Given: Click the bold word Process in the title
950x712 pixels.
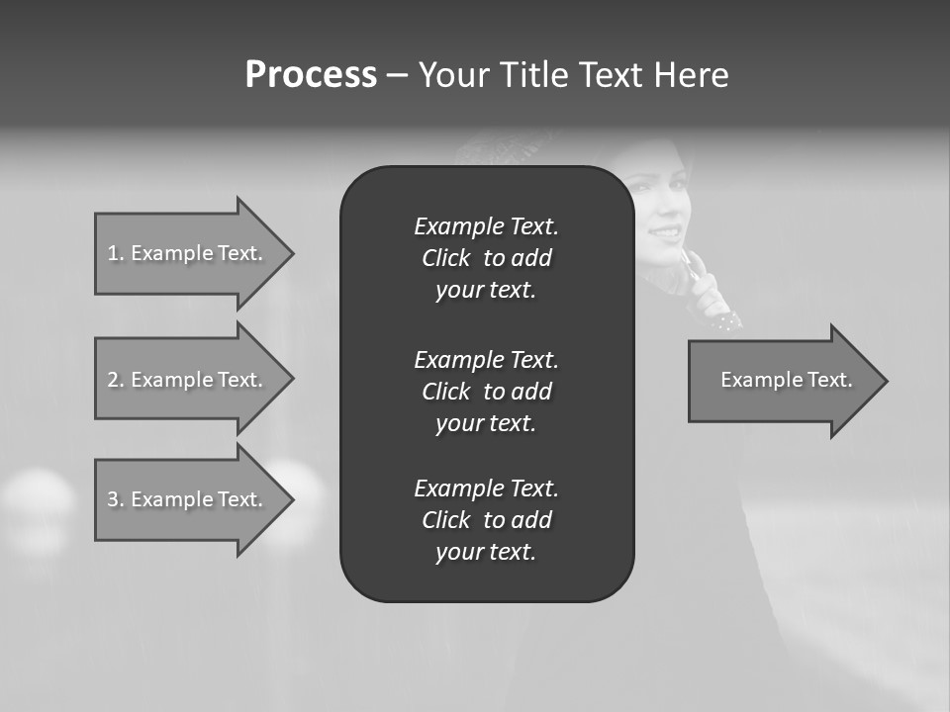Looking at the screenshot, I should [x=311, y=75].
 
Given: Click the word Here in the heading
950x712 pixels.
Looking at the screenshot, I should [x=692, y=75].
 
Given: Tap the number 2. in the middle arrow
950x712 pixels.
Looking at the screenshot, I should [x=115, y=380].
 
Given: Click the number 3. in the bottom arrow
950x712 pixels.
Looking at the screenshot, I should [x=115, y=499].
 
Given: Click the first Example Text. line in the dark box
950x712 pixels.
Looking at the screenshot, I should [x=486, y=226].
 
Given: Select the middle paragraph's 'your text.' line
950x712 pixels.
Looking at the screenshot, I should [x=486, y=423].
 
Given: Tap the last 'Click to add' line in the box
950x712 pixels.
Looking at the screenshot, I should [x=486, y=520].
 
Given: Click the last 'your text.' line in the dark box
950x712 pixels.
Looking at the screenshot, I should [x=486, y=552].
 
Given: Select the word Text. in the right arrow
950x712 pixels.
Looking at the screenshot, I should [x=828, y=380].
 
